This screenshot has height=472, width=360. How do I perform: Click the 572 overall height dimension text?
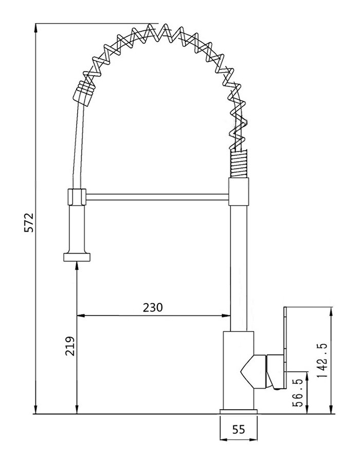click(x=29, y=222)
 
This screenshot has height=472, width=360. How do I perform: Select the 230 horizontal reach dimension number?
click(x=152, y=307)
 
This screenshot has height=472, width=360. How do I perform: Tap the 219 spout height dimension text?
click(x=70, y=346)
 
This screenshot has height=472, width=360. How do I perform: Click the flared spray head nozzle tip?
click(x=77, y=257)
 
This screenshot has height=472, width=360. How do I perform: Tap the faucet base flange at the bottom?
click(x=238, y=411)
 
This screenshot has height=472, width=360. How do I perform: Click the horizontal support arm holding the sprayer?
click(x=157, y=197)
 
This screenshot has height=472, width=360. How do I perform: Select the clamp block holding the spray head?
click(x=77, y=196)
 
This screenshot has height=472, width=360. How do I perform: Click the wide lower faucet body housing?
click(x=238, y=371)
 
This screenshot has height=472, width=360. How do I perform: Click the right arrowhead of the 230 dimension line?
click(x=226, y=316)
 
